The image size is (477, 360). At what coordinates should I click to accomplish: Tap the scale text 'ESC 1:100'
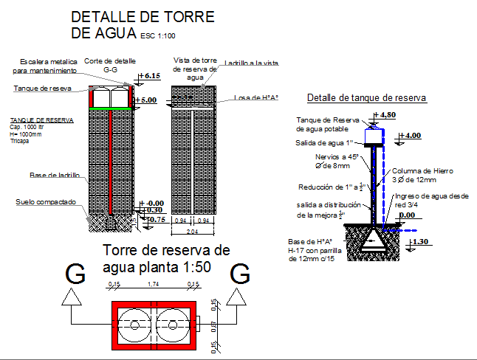[x=157, y=35]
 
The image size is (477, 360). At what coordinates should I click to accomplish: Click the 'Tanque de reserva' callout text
[x=42, y=89]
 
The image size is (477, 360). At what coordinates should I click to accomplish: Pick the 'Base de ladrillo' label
[x=55, y=175]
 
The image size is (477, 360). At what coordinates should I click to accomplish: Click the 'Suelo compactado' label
[x=46, y=201]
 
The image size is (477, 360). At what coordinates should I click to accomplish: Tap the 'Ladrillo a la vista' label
[x=252, y=64]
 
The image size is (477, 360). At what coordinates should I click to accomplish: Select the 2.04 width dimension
[x=193, y=231]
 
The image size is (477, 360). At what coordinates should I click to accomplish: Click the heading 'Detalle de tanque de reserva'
[x=366, y=98]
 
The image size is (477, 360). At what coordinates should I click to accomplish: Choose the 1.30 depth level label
[x=419, y=241]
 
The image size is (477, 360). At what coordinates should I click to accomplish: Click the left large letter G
[x=74, y=274]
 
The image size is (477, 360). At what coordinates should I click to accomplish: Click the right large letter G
[x=241, y=274]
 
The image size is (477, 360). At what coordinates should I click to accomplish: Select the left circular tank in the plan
[x=132, y=325]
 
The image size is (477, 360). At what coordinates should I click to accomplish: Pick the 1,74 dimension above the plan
[x=153, y=284]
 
